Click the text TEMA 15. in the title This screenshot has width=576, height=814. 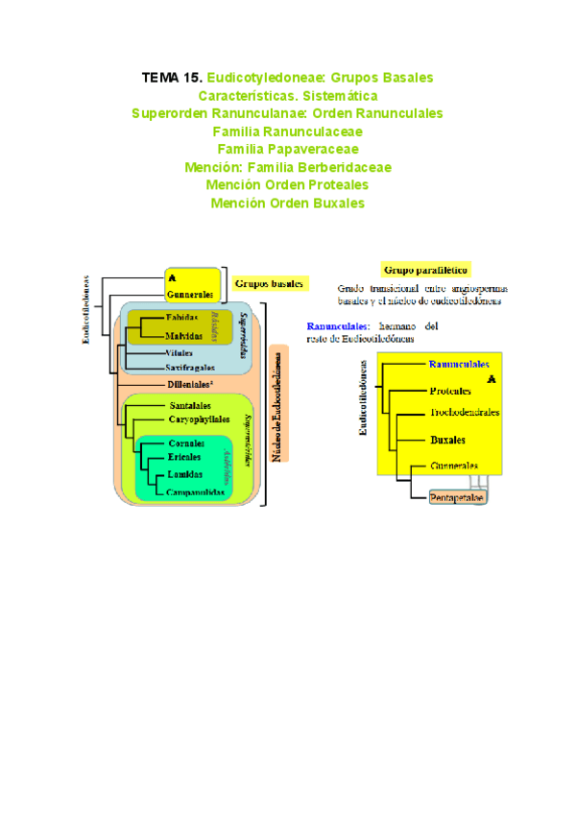(172, 77)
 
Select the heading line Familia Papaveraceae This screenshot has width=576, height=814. (288, 149)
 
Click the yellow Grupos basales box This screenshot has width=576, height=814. (269, 283)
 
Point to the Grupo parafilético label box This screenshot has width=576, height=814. (431, 270)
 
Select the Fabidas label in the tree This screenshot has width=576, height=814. (182, 317)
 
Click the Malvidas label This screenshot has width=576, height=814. (183, 337)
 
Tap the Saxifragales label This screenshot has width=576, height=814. (188, 368)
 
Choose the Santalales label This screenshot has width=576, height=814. (189, 405)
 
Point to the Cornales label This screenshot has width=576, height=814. (186, 443)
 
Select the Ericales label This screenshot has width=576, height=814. (184, 458)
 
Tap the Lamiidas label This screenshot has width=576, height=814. (186, 474)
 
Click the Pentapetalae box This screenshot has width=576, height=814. (456, 498)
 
